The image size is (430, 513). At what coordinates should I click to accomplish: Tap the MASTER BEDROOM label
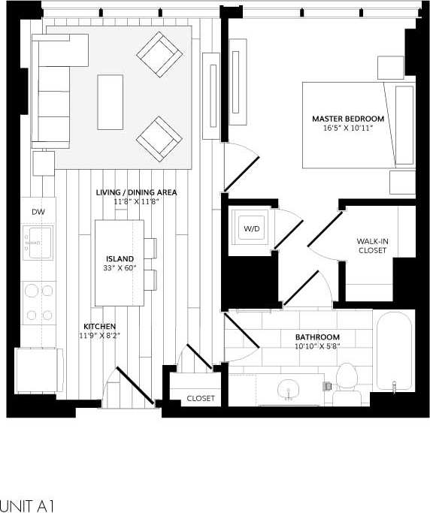[348, 119]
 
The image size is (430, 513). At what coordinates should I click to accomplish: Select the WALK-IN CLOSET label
[372, 246]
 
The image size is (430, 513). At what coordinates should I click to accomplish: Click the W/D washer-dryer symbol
[249, 228]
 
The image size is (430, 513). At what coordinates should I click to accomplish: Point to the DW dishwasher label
[38, 213]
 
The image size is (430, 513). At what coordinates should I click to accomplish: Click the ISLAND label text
[119, 259]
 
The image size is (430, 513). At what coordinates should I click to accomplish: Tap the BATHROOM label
[316, 337]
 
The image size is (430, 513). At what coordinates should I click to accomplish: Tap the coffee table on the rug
[111, 101]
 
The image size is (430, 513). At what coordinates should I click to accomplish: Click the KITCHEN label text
[99, 327]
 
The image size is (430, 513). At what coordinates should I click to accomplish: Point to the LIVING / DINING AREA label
[136, 193]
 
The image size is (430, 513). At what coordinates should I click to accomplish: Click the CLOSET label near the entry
[201, 398]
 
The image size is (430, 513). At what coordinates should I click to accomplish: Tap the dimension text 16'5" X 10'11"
[348, 128]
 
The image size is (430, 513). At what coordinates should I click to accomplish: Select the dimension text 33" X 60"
[119, 268]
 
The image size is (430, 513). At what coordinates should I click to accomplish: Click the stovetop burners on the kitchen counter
[38, 303]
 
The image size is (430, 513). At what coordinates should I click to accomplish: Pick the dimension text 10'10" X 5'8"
[316, 347]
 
